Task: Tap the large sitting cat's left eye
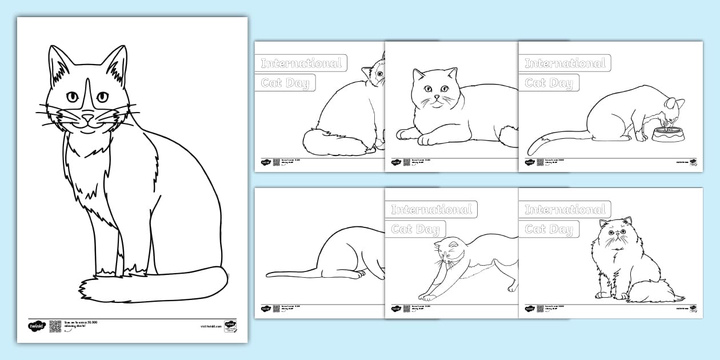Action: pyautogui.click(x=73, y=97)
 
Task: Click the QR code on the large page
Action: pyautogui.click(x=55, y=326)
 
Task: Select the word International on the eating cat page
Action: pyautogui.click(x=565, y=63)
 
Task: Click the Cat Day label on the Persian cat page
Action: pyautogui.click(x=548, y=229)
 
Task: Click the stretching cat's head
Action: pyautogui.click(x=448, y=251)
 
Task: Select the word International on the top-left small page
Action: pyautogui.click(x=301, y=63)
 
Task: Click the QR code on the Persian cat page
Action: pyautogui.click(x=540, y=309)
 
